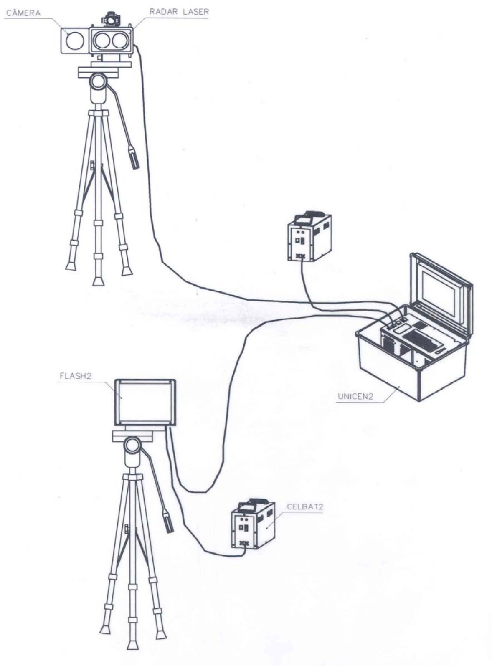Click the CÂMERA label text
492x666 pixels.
click(x=23, y=13)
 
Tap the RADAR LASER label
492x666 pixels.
click(x=179, y=12)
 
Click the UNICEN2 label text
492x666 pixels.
click(x=355, y=396)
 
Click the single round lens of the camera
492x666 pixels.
click(x=75, y=41)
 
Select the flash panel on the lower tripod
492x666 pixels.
click(x=145, y=403)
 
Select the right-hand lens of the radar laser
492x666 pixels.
click(x=119, y=41)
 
